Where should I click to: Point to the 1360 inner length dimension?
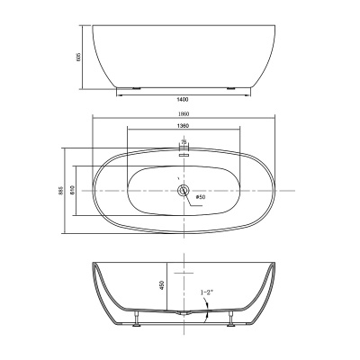[183, 129]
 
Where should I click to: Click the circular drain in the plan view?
[183, 189]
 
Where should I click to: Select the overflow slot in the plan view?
[183, 152]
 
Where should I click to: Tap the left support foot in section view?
[135, 316]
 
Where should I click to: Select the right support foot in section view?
[231, 316]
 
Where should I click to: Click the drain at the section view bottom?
[183, 313]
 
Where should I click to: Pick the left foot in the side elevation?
[132, 89]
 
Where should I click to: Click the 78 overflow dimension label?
[183, 142]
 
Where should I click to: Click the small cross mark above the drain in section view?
[183, 271]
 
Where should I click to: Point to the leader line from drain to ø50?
[190, 192]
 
